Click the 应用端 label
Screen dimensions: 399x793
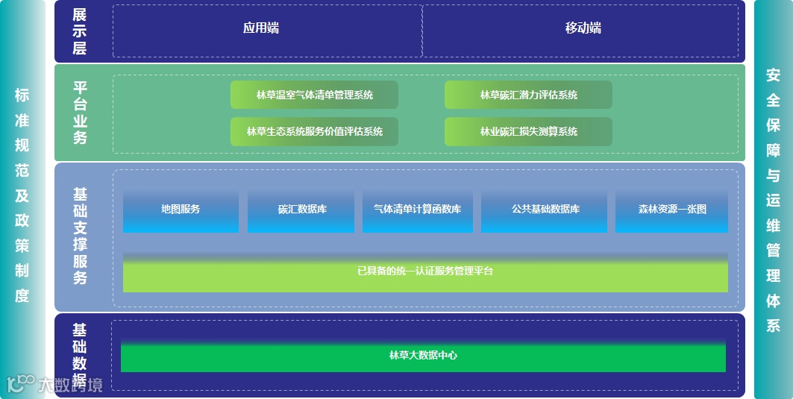click(261, 28)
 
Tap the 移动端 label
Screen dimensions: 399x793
click(583, 28)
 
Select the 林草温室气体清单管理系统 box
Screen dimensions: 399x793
click(314, 95)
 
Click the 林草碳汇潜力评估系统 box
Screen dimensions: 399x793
click(528, 95)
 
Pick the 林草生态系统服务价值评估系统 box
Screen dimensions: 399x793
click(314, 131)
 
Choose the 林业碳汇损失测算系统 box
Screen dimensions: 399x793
click(528, 131)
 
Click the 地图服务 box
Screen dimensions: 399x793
click(181, 210)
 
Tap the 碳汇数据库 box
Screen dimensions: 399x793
click(301, 210)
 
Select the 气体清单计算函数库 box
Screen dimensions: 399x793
click(417, 210)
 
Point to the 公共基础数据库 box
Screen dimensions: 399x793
click(545, 210)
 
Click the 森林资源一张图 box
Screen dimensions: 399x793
click(671, 210)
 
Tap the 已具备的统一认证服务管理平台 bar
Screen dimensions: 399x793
click(425, 271)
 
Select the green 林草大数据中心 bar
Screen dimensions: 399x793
click(423, 356)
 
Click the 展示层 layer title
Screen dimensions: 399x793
click(80, 31)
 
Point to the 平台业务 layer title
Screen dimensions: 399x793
click(80, 112)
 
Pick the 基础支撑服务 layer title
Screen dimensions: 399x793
click(80, 236)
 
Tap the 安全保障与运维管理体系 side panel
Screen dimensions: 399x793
click(773, 200)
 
